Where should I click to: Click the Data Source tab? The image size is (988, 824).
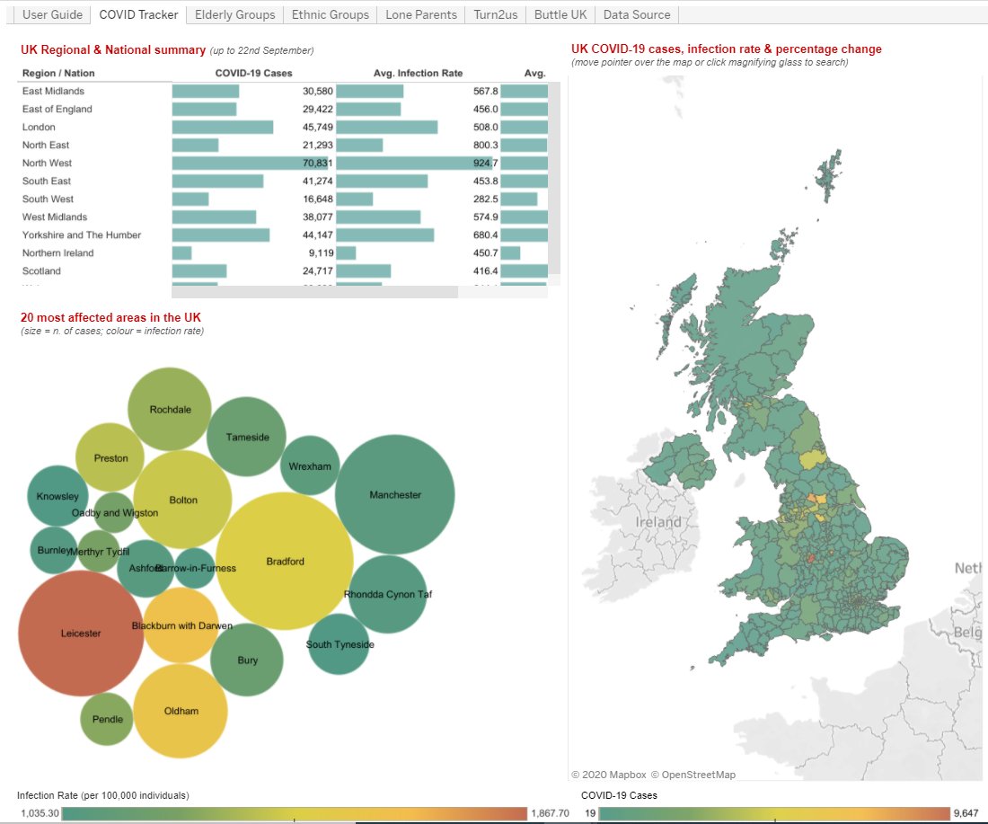pyautogui.click(x=636, y=14)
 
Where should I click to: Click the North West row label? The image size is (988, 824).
pyautogui.click(x=48, y=163)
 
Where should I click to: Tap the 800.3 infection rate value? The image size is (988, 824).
pyautogui.click(x=485, y=145)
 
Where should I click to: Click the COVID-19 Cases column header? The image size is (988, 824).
pyautogui.click(x=253, y=73)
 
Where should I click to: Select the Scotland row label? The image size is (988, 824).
pyautogui.click(x=41, y=270)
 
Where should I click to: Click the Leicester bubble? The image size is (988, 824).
pyautogui.click(x=81, y=633)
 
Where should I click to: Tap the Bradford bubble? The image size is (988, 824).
pyautogui.click(x=285, y=562)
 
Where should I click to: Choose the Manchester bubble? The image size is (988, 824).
pyautogui.click(x=395, y=494)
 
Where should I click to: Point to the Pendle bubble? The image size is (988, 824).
pyautogui.click(x=108, y=719)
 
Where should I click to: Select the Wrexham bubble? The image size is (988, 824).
pyautogui.click(x=310, y=465)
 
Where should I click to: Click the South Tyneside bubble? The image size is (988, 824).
pyautogui.click(x=339, y=643)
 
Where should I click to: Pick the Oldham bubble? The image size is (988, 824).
pyautogui.click(x=181, y=711)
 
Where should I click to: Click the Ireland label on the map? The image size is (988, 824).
pyautogui.click(x=658, y=522)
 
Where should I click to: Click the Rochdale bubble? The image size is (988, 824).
pyautogui.click(x=170, y=409)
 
